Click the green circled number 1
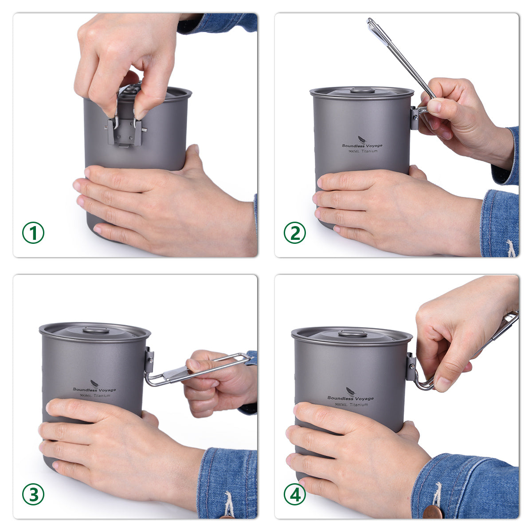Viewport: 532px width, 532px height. click(x=33, y=233)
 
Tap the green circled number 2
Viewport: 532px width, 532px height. click(x=294, y=233)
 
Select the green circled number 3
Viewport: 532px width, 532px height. click(x=33, y=494)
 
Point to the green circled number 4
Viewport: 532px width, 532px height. click(x=294, y=494)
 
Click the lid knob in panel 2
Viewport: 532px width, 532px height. click(x=360, y=90)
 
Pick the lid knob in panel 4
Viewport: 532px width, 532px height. click(x=352, y=334)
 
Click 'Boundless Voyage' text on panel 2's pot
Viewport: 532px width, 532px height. click(x=362, y=145)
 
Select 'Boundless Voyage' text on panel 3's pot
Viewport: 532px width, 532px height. click(x=94, y=390)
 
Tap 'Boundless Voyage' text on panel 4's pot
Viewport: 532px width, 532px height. click(x=350, y=398)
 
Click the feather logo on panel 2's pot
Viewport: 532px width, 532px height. click(x=362, y=139)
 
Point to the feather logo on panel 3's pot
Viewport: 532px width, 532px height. click(x=94, y=383)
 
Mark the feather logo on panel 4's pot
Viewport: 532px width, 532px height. click(x=350, y=391)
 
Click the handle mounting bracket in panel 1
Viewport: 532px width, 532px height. click(x=125, y=132)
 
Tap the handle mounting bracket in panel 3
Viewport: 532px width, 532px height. click(x=149, y=360)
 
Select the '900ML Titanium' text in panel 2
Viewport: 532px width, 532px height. click(x=363, y=151)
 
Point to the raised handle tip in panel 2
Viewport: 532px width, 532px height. click(x=370, y=20)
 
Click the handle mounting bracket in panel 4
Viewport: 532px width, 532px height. click(x=411, y=367)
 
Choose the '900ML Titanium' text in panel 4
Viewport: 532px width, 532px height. click(x=351, y=404)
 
